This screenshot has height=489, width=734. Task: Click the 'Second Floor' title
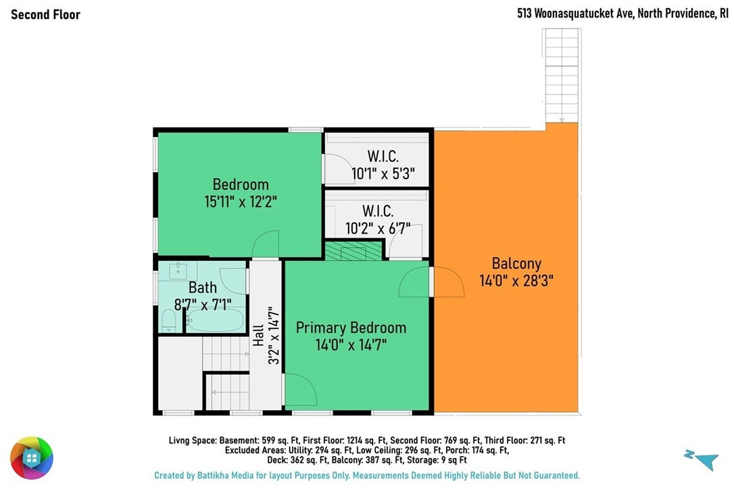45,14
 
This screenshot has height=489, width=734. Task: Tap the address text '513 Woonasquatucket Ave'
575,14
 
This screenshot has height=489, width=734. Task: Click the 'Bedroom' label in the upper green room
241,184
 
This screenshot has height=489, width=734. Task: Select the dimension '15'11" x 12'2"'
241,202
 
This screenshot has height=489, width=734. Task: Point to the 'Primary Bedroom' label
351,328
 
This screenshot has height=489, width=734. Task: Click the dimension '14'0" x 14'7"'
351,345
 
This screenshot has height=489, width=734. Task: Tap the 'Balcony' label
516,264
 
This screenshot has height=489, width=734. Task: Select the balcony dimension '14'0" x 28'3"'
516,281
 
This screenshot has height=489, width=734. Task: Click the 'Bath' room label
203,287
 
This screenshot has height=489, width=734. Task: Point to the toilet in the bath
168,321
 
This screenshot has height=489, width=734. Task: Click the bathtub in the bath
215,319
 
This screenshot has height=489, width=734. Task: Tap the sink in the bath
178,270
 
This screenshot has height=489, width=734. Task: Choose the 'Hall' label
258,336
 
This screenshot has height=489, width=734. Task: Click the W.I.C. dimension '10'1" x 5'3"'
383,174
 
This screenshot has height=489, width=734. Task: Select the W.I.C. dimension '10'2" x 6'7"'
378,228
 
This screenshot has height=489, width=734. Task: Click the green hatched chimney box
353,251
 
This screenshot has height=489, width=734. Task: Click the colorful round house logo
32,458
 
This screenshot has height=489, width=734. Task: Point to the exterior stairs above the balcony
562,76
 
